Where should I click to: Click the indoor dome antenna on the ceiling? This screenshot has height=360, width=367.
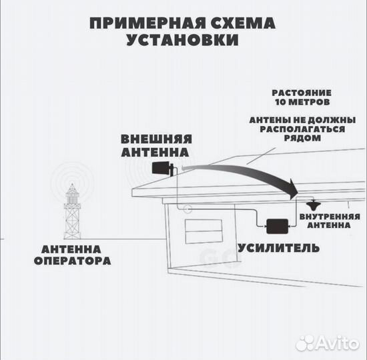tap(312, 205)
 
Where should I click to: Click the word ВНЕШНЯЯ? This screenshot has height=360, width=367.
tap(156, 139)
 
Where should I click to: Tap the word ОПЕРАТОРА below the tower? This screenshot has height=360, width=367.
tap(73, 261)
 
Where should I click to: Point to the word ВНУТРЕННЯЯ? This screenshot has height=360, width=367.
tap(330, 217)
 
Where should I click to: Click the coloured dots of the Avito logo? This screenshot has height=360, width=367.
tap(304, 342)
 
